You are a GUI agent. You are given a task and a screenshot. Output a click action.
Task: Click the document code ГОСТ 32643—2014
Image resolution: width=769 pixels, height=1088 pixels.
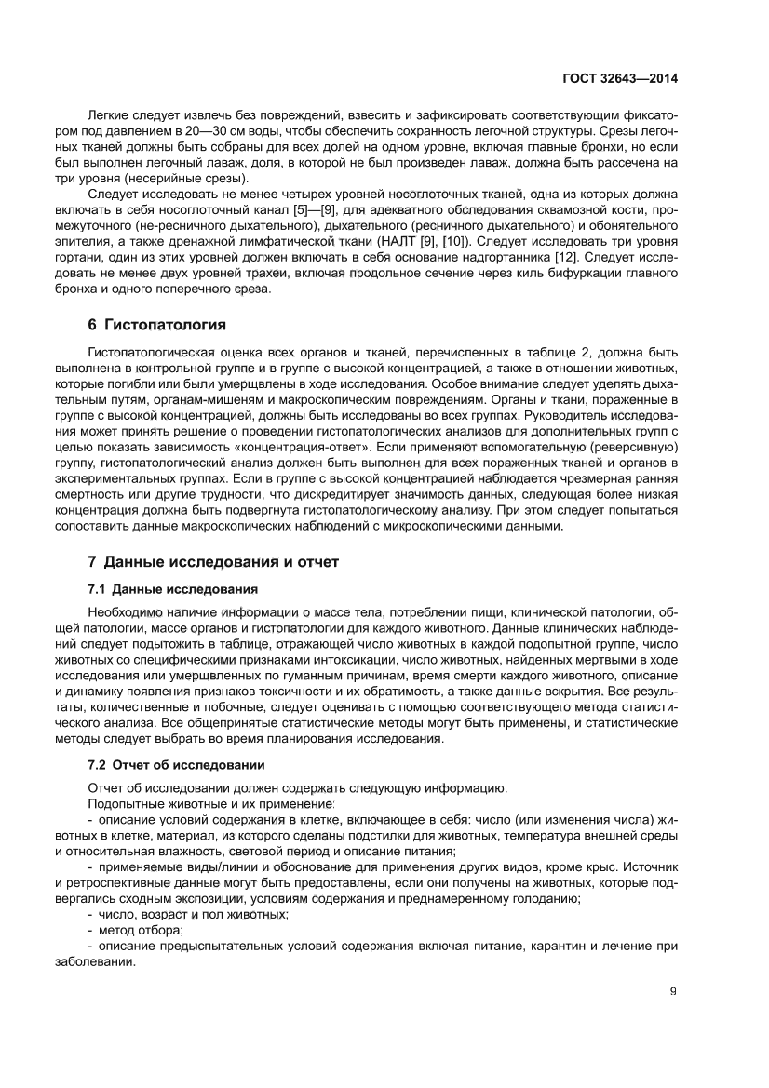pos(620,79)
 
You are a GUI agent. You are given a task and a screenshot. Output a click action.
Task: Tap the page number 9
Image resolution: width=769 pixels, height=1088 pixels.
pos(672,990)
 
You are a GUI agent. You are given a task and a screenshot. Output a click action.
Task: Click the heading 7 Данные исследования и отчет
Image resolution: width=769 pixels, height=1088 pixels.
pos(213,562)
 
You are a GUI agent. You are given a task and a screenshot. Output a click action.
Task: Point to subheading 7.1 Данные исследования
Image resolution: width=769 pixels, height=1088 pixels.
pos(172,589)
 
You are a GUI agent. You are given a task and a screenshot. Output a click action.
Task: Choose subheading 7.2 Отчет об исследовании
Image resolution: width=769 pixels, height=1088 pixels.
pos(176,765)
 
